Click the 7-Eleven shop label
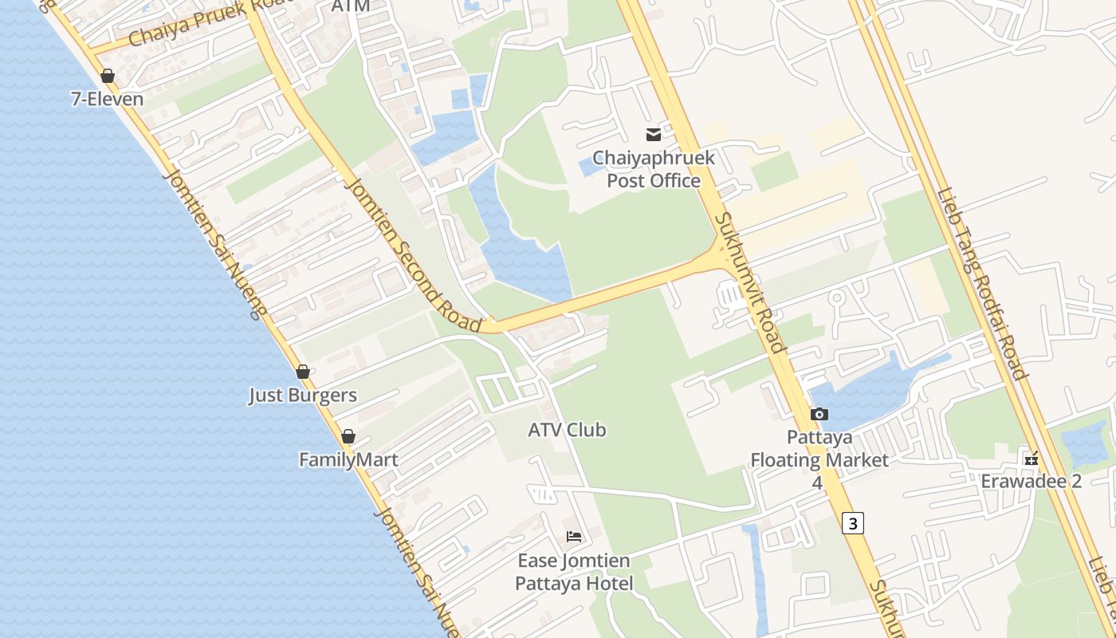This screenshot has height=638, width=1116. coord(107,99)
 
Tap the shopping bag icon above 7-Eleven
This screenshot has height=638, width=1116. coord(108,76)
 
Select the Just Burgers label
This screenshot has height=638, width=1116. coord(303,395)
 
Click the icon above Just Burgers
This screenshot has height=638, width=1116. coord(303,372)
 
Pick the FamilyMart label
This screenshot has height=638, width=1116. coord(348,459)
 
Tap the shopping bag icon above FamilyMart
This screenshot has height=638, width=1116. coord(348,436)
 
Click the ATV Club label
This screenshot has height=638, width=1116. coord(567,430)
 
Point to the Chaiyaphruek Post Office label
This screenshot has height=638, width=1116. coord(653,169)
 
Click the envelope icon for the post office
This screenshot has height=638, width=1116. coord(654,134)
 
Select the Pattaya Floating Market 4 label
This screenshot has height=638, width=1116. coord(819,459)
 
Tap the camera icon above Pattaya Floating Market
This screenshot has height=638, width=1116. coord(819,414)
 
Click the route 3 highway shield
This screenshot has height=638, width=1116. coord(853,523)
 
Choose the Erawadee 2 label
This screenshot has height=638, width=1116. coord(1031,481)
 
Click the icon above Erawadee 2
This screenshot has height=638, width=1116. coord(1032,459)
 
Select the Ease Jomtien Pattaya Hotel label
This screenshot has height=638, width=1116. coord(574,572)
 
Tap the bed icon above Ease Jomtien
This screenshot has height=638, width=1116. coord(574,537)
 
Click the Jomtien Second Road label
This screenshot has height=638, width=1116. coord(414,254)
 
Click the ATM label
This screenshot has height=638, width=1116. coord(351,6)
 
